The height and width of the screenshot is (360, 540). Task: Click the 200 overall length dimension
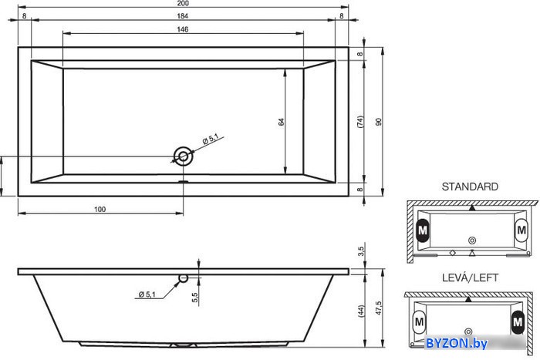183,3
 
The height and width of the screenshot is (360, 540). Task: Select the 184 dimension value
183,16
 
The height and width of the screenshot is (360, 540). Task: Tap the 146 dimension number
183,29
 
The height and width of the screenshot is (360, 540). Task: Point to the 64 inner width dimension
282,122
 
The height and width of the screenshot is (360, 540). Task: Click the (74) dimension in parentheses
360,122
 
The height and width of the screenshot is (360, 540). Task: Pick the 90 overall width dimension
379,122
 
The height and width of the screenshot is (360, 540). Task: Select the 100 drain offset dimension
100,209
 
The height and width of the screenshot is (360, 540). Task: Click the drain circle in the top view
184,156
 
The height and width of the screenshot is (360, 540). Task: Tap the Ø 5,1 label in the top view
211,139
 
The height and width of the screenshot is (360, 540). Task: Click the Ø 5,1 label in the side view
147,294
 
